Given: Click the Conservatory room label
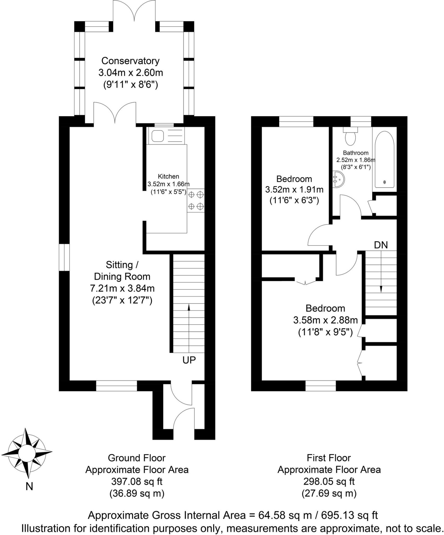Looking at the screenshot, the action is [130, 61].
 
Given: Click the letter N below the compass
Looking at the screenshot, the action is [29, 486].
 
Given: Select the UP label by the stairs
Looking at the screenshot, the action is [189, 360].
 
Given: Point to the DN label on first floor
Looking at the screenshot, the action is [381, 245].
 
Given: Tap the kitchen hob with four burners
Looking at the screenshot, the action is [196, 201].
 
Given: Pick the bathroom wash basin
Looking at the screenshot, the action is [339, 179].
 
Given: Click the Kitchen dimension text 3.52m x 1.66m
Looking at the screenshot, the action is [168, 184].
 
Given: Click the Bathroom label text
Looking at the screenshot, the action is [356, 153].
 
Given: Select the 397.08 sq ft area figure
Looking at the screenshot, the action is [137, 481].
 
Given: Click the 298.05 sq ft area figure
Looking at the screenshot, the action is [329, 481].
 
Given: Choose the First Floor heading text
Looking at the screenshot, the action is [329, 458].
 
